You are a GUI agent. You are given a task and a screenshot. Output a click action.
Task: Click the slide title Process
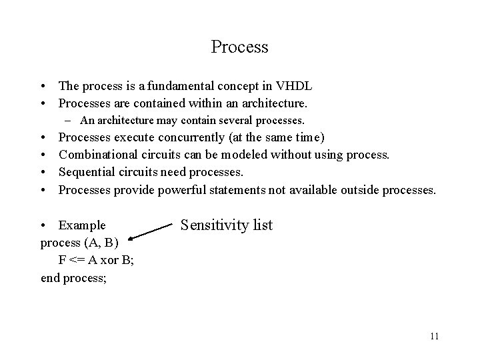point(239,47)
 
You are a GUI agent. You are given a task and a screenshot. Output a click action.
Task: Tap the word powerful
point(183,190)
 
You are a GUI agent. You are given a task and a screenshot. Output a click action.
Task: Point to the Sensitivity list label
point(227,225)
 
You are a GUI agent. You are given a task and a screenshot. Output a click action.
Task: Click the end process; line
point(74,277)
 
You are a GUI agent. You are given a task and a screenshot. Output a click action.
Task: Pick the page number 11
point(435,335)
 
